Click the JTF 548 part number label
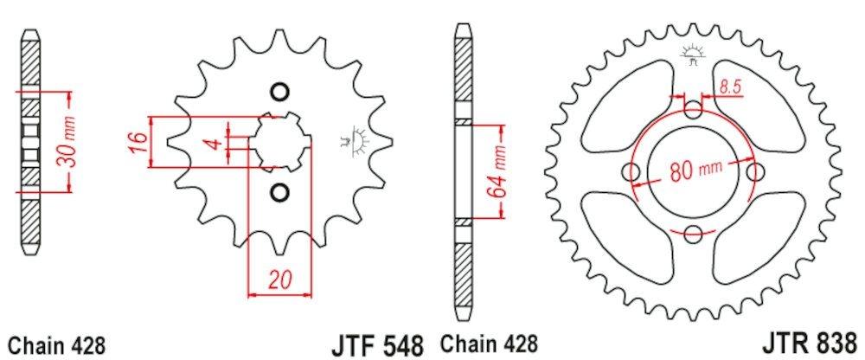tap(377, 343)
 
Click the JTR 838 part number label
tap(811, 343)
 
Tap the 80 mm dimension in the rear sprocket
tap(695, 170)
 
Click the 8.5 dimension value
tap(729, 86)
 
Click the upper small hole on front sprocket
tap(279, 92)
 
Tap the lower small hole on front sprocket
tap(279, 190)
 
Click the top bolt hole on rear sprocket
tap(695, 110)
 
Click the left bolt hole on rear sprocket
tap(633, 171)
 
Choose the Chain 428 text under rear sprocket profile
tap(490, 344)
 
